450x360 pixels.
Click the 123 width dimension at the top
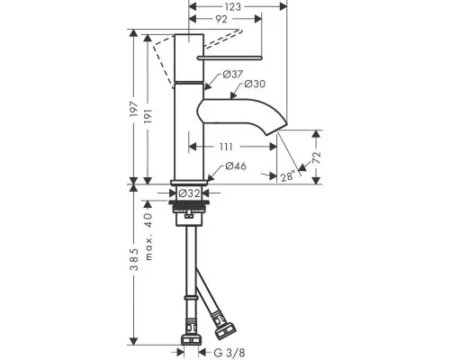(232, 6)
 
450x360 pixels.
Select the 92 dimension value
(221, 19)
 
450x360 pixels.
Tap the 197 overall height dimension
(134, 109)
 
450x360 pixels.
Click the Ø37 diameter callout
(233, 74)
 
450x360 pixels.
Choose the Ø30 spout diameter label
(255, 84)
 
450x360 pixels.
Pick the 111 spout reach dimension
(226, 147)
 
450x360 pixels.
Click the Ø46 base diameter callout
(236, 166)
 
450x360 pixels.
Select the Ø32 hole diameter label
(189, 193)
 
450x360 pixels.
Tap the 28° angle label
(287, 176)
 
